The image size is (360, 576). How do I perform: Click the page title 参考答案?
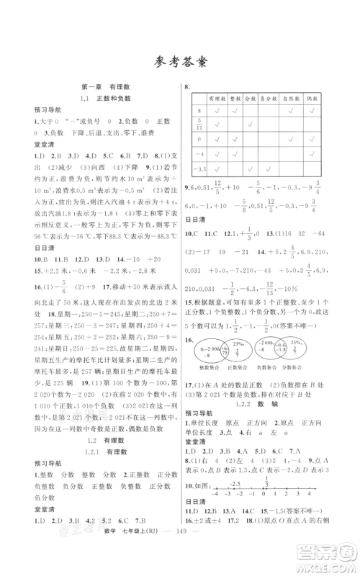pos(180,61)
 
